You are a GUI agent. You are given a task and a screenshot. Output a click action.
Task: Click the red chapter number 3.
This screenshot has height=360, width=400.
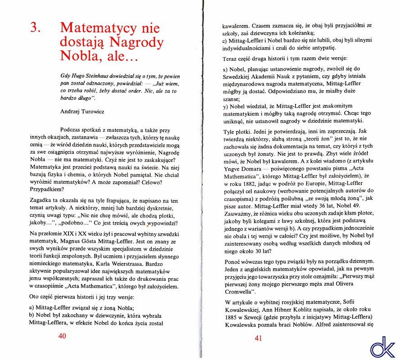pos(36,27)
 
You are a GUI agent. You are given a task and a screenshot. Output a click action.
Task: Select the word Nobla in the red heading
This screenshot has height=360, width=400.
pos(77,57)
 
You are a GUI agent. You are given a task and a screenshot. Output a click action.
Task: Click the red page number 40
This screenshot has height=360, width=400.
pos(62,336)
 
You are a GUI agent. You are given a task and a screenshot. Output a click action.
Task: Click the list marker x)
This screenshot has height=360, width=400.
pos(226,70)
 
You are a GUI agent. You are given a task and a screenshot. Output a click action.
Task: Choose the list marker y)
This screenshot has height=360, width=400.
pos(226,106)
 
